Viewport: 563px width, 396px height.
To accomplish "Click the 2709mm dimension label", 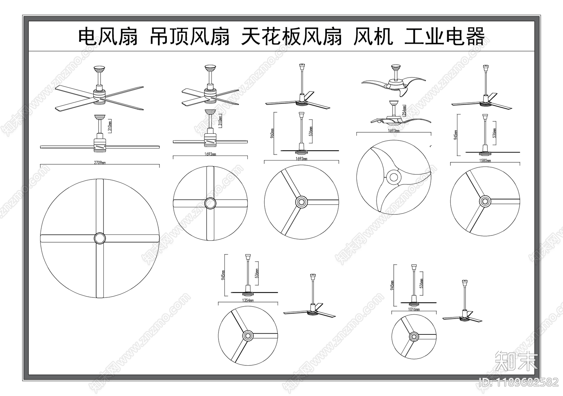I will (100, 163).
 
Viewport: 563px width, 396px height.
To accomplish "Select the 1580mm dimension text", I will (485, 161).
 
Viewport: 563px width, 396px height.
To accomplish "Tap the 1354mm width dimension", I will (248, 301).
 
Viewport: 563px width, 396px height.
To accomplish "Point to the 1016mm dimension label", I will (414, 309).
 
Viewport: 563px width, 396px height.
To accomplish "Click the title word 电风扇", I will (108, 37).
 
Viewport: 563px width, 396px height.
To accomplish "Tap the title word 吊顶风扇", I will (189, 37).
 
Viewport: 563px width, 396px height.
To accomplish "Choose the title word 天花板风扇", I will (291, 37).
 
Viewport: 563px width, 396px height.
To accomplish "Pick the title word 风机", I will (373, 37).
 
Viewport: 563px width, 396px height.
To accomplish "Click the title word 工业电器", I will (445, 37).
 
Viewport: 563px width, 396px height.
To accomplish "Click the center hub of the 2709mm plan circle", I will (100, 238).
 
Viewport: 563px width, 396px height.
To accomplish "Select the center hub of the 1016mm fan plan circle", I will (414, 337).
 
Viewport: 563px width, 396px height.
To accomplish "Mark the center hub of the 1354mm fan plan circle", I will (248, 335).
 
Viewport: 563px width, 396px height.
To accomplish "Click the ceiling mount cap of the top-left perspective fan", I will (99, 68).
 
